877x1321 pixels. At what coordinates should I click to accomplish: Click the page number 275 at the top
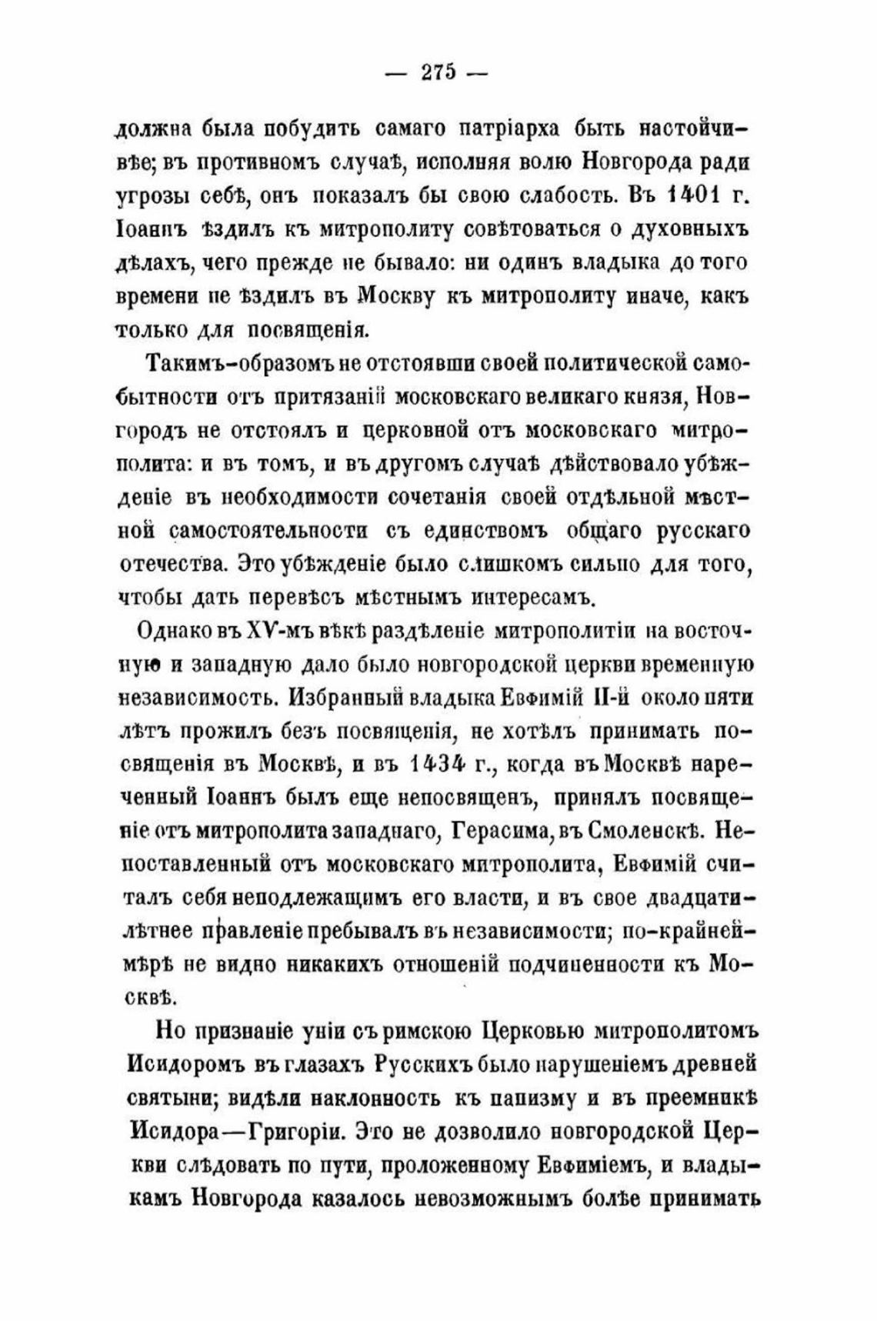pyautogui.click(x=438, y=72)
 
